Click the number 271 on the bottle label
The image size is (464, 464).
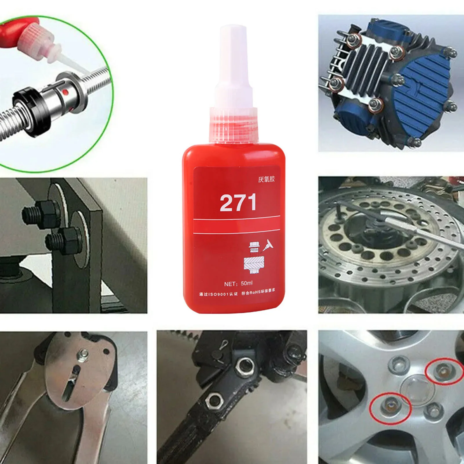coord(238,203)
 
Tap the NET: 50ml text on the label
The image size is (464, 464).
coord(238,283)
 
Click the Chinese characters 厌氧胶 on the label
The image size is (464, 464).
coord(266,179)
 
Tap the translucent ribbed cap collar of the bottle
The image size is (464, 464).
coord(234,125)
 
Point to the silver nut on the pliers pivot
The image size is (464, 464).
coord(84,353)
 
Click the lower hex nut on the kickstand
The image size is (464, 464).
coord(214,401)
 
